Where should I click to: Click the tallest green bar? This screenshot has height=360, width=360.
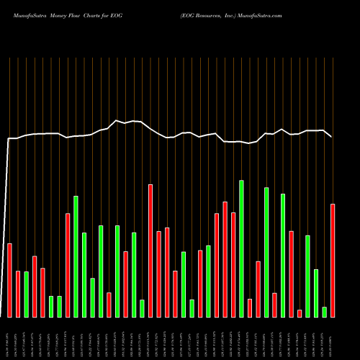point(241,248)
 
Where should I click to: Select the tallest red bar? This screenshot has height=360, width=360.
point(150,251)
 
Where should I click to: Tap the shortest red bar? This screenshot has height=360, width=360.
point(300,313)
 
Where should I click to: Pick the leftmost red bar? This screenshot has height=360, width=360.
point(9,280)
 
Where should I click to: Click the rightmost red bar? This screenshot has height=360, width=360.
point(333,261)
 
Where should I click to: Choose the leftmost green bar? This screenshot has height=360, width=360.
point(26,294)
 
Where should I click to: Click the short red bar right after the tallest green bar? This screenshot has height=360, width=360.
point(250,307)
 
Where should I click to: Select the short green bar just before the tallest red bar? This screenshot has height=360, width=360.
point(142,308)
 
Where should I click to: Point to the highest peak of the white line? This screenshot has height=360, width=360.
point(117,121)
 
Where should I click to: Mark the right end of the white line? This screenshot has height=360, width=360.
point(331,136)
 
